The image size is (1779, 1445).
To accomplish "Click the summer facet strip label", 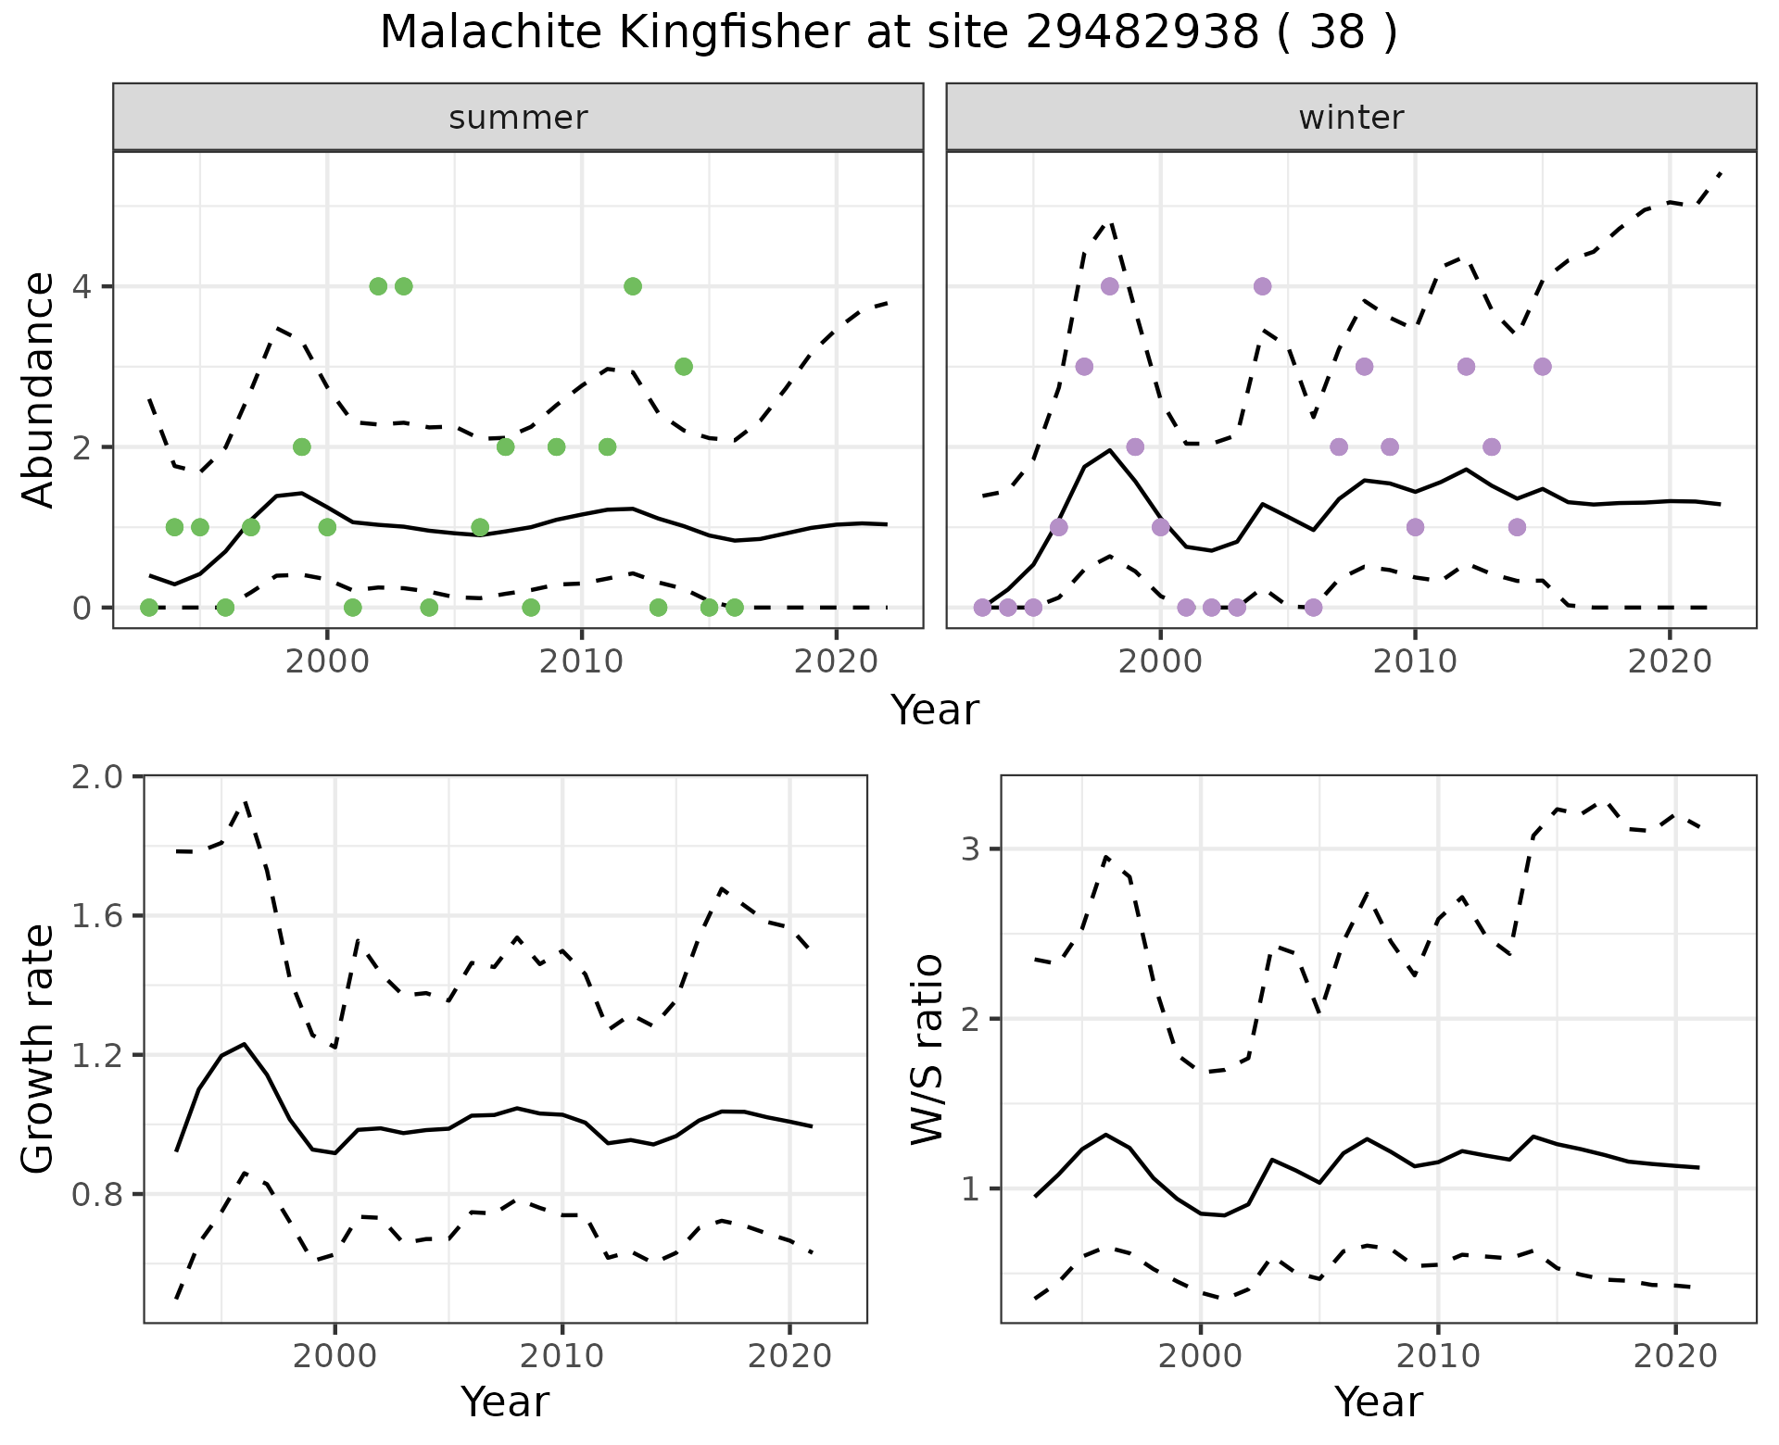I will coord(518,118).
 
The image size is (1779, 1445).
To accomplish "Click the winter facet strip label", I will coord(1351,118).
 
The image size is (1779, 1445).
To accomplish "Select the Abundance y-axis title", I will coord(38,389).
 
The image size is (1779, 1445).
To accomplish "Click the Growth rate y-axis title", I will coord(38,1049).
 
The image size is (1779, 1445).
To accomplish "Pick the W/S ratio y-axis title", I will coord(927,1049).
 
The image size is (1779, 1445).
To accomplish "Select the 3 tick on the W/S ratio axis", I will coord(972,848).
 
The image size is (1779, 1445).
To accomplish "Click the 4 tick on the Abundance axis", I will coord(82,286).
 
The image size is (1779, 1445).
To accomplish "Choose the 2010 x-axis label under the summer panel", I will coord(581,661).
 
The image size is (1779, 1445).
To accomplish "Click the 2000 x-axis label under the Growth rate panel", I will coord(334,1356).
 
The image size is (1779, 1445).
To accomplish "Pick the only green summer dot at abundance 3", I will coord(684,367).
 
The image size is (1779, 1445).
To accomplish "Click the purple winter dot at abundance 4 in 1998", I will coord(1110,286).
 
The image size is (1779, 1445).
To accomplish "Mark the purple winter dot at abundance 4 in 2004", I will coord(1262,286).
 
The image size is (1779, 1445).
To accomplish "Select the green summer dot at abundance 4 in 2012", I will coord(633,286).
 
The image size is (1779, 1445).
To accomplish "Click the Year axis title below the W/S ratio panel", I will coord(1379,1401).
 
